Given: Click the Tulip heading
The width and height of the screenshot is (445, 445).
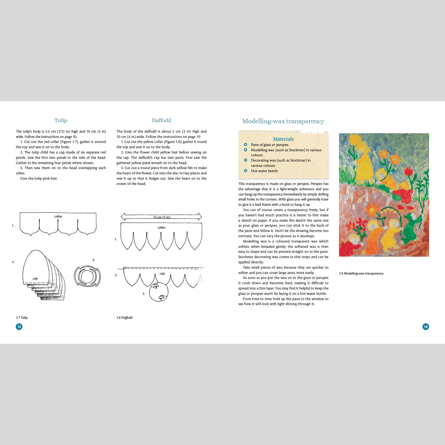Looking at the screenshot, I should (61, 120).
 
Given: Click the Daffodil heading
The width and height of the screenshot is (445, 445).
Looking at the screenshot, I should (161, 120).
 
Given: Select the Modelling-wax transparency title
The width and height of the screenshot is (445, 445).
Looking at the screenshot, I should (283, 121).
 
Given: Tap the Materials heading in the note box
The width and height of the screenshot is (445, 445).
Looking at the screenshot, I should (283, 139).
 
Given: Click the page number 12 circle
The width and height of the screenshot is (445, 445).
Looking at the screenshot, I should (19, 327).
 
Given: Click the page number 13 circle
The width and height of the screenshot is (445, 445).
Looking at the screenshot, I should (426, 327).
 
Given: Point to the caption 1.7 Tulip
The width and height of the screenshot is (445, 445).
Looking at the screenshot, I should (22, 317).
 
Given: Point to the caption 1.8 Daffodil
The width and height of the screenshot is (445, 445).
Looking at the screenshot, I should (124, 317).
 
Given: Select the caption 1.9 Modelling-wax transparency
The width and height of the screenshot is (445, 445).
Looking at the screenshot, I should (361, 273).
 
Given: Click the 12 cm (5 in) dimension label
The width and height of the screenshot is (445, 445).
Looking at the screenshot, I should (161, 217).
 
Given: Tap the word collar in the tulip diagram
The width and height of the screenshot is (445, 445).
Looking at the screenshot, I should (58, 216).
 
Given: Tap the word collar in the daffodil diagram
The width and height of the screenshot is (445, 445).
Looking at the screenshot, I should (161, 228).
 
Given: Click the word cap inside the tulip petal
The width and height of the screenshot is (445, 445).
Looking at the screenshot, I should (35, 278).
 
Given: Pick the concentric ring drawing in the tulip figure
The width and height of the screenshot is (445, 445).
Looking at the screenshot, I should (87, 276).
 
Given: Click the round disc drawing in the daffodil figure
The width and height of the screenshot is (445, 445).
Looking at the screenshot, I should (159, 292).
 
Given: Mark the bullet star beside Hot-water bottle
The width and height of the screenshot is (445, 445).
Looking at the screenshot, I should (246, 171).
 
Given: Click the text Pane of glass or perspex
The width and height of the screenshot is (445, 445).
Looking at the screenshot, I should (270, 145).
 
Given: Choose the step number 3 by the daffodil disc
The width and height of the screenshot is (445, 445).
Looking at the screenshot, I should (144, 294).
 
